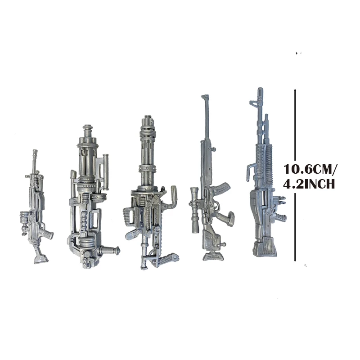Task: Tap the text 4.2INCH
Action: point(309,184)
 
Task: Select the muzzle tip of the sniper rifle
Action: point(206,97)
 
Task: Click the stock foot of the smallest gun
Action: point(40,258)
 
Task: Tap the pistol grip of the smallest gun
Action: point(47,234)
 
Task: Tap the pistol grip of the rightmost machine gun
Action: point(282,218)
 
